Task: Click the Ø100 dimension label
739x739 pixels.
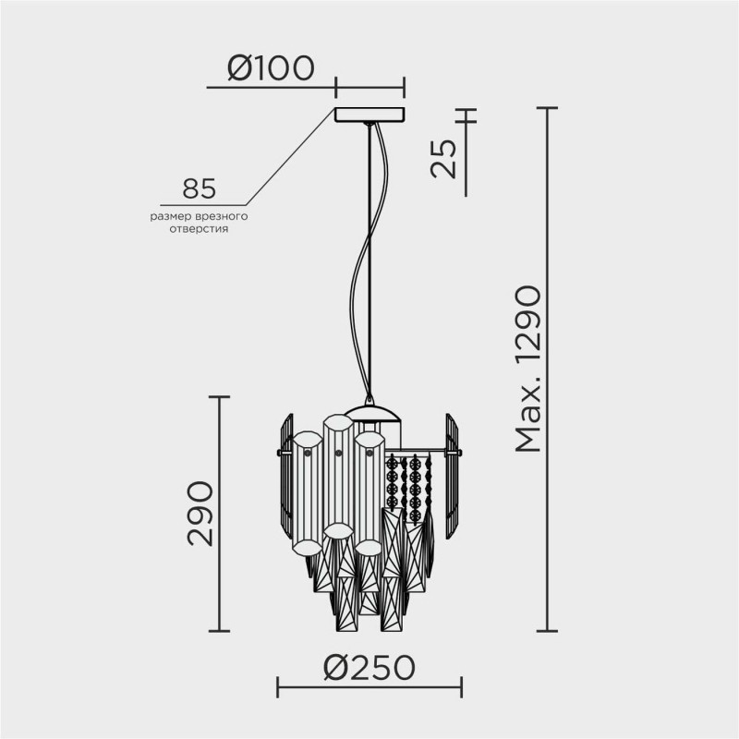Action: coord(271,67)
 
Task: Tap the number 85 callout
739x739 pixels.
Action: coord(199,188)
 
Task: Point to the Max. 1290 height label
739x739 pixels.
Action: coord(528,369)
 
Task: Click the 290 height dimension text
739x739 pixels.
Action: coord(200,514)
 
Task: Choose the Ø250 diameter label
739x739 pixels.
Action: coord(369,668)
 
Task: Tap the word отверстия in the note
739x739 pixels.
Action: coord(199,229)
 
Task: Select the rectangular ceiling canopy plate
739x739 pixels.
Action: coord(369,115)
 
